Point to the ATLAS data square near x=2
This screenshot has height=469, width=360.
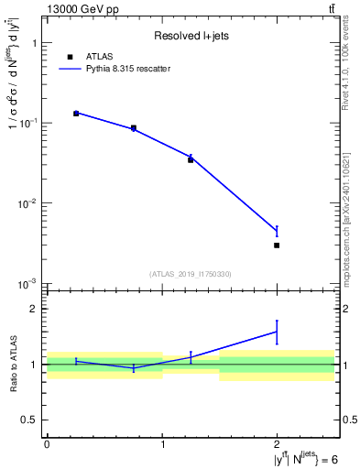(x=277, y=245)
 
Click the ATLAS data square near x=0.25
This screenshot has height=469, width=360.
(x=76, y=114)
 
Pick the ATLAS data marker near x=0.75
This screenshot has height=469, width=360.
(x=134, y=128)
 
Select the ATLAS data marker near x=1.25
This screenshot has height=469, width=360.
(x=191, y=159)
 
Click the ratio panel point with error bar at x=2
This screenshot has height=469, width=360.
(x=277, y=332)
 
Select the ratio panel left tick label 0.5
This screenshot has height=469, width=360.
(x=30, y=420)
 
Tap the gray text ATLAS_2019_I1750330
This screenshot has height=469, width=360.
(x=191, y=274)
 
